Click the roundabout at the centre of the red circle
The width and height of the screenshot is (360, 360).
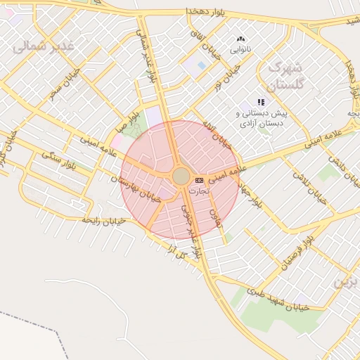pyautogui.click(x=181, y=176)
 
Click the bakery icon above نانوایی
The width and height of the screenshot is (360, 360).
pyautogui.click(x=241, y=39)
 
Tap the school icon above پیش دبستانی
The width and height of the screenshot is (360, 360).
pyautogui.click(x=262, y=102)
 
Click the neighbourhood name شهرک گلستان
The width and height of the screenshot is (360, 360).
pyautogui.click(x=284, y=76)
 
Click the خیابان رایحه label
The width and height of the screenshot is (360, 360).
pyautogui.click(x=103, y=220)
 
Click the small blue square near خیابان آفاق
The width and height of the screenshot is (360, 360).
pyautogui.click(x=202, y=65)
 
